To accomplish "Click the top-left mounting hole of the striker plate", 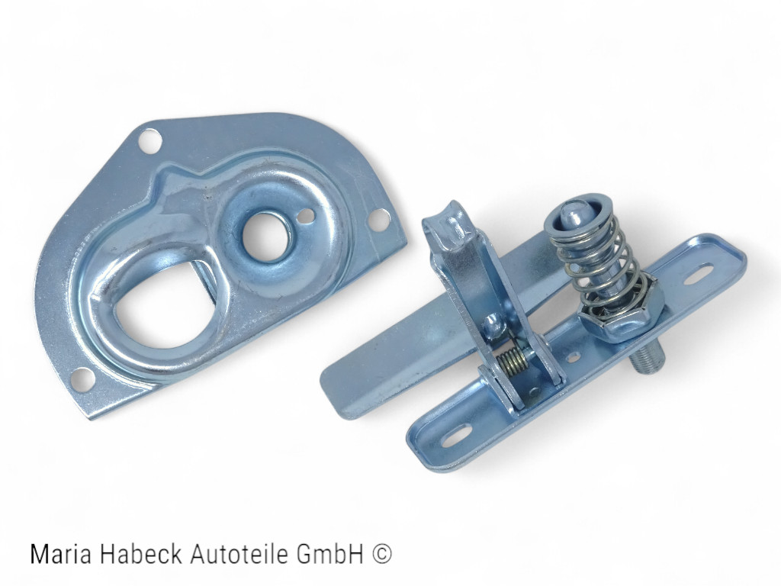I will coord(149,140).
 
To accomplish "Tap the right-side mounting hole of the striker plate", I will coord(377,218).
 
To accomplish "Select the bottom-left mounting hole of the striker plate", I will coord(82,377).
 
